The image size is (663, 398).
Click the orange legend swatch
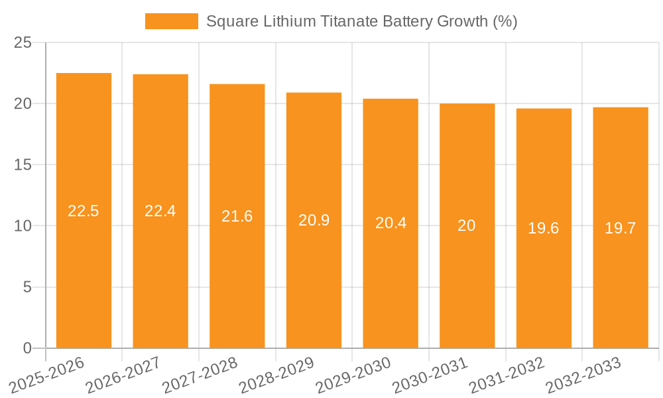[171, 21]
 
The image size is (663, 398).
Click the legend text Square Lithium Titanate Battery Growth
[361, 21]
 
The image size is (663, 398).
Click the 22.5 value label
[84, 211]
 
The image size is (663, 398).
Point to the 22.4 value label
[160, 211]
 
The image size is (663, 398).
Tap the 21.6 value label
[237, 216]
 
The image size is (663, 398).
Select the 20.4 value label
[391, 223]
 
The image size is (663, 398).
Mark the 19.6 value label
[544, 228]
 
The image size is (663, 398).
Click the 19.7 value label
[621, 228]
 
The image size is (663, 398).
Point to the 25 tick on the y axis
[23, 42]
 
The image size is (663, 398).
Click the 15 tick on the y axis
[23, 165]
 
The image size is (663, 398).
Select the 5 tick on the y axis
[27, 287]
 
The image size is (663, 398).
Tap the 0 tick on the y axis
[27, 348]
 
